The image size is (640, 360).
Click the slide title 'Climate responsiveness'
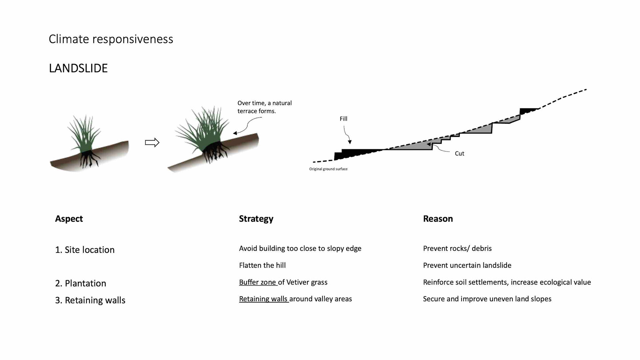[111, 39]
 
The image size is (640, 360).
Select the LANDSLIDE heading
[78, 68]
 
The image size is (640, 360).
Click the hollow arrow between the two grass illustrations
[152, 143]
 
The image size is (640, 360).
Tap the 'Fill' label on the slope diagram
[343, 119]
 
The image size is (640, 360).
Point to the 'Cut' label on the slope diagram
[459, 153]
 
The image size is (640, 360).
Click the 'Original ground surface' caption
[328, 169]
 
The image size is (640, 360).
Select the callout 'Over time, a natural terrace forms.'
[264, 107]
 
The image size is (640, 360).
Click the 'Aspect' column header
[69, 219]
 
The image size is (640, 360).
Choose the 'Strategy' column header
[256, 219]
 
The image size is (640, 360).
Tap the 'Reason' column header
[438, 219]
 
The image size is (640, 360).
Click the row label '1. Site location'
[85, 250]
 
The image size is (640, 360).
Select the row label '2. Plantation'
[80, 283]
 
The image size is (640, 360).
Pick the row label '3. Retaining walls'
[90, 300]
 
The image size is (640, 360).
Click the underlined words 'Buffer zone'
[258, 282]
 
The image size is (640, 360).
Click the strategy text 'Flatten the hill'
[262, 265]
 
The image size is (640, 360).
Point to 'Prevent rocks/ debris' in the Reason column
[457, 248]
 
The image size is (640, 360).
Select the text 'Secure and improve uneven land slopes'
[487, 299]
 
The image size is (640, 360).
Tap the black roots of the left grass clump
[89, 159]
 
